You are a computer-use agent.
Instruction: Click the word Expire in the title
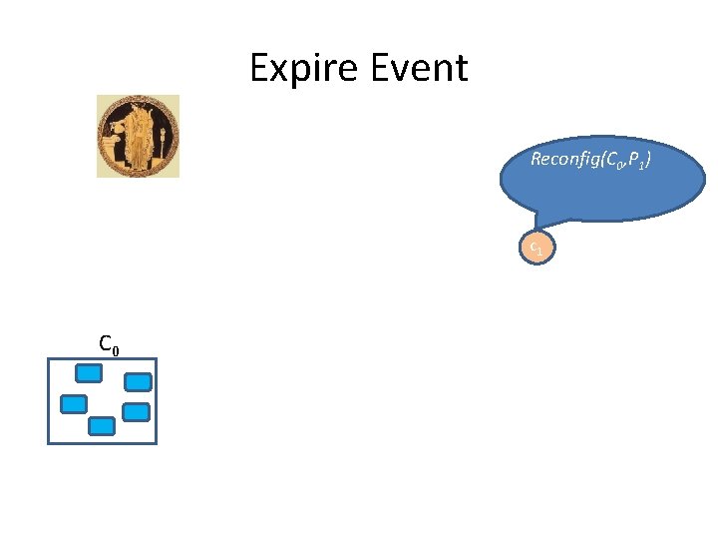pyautogui.click(x=303, y=69)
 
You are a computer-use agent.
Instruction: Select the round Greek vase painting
pyautogui.click(x=138, y=136)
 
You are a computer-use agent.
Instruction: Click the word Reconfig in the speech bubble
pyautogui.click(x=561, y=159)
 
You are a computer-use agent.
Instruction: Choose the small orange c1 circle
pyautogui.click(x=535, y=247)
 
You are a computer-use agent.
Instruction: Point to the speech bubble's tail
pyautogui.click(x=540, y=219)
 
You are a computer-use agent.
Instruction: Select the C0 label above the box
pyautogui.click(x=110, y=344)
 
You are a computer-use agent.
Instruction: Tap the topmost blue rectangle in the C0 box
pyautogui.click(x=90, y=374)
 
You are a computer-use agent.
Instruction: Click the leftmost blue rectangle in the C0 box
pyautogui.click(x=74, y=404)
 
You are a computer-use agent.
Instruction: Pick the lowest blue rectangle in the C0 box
pyautogui.click(x=102, y=426)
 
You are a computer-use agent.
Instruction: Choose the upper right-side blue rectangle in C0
pyautogui.click(x=138, y=381)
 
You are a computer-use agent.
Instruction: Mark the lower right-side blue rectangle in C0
pyautogui.click(x=136, y=411)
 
